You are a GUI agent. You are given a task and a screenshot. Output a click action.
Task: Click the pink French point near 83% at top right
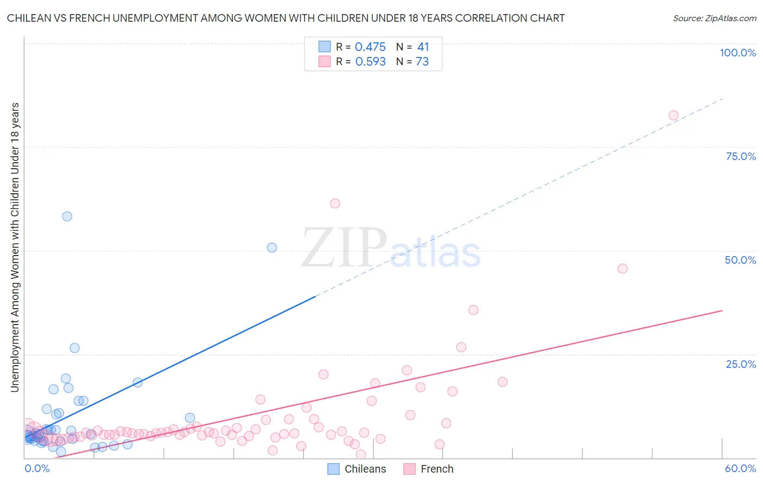coord(673,115)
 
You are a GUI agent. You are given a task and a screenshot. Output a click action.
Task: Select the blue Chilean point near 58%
coord(67,216)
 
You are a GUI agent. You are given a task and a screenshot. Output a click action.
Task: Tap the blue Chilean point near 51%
coord(272,247)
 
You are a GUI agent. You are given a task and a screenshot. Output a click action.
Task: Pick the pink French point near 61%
coord(335,203)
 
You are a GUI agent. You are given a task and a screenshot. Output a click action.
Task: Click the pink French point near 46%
coord(622,269)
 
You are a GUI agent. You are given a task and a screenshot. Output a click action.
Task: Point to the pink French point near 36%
coord(473,310)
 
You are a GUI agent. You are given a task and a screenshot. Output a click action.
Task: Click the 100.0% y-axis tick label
coord(737,53)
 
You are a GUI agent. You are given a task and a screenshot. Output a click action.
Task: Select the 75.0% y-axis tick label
coord(741,156)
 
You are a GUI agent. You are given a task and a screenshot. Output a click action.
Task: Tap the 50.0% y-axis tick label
coord(740,260)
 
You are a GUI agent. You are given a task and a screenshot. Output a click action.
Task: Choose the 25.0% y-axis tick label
coord(741,364)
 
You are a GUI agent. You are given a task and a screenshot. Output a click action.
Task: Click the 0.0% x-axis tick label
coord(37,468)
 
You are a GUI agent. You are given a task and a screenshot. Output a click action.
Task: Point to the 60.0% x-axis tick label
coord(740,468)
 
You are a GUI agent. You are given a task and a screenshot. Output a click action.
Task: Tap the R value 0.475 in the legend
coord(370,47)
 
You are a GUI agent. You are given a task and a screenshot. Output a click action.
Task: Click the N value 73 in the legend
coord(422,62)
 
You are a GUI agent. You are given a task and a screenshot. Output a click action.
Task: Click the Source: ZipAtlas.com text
coord(714,18)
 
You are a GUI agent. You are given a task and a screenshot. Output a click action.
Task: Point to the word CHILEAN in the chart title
coord(30,18)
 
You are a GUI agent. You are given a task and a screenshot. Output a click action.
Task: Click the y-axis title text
coord(15,247)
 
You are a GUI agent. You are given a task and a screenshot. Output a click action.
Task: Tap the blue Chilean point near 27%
coord(74,348)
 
